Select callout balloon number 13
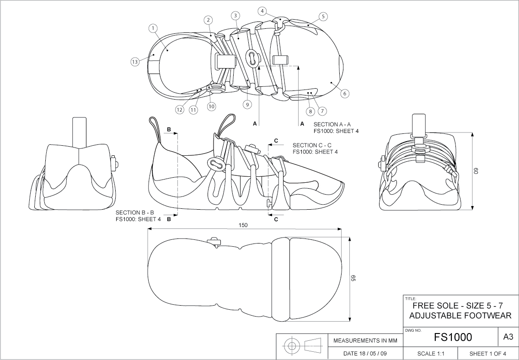click(134, 63)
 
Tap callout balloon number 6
click(345, 93)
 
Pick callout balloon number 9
click(247, 105)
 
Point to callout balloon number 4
click(262, 10)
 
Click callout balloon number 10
click(211, 106)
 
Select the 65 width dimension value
click(353, 279)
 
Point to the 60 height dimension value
click(475, 169)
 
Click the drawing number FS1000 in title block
click(453, 337)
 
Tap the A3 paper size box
click(508, 337)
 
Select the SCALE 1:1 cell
click(431, 354)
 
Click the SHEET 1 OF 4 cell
click(487, 354)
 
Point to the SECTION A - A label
click(332, 124)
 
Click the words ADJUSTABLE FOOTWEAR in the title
click(460, 316)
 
